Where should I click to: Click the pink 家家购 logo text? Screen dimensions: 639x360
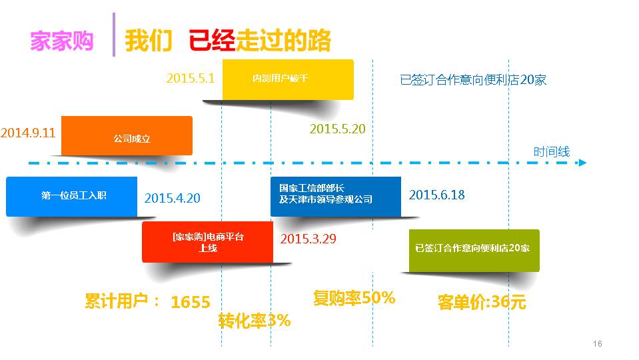tap(62, 41)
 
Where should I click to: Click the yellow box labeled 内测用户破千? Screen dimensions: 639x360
tap(288, 79)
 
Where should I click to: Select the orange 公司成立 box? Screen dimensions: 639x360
tap(127, 136)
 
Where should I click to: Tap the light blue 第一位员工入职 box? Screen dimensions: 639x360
tap(72, 197)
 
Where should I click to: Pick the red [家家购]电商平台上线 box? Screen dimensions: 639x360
tap(207, 242)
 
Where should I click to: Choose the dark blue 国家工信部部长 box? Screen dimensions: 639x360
tap(336, 197)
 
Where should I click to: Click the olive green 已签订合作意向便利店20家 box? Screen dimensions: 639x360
tap(474, 250)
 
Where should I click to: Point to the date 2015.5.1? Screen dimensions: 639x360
tap(191, 78)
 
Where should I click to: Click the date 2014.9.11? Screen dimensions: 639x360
tap(28, 133)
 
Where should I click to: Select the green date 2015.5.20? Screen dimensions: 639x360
tap(337, 129)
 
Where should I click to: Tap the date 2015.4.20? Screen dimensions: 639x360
tap(173, 198)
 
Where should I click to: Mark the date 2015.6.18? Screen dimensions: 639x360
tap(437, 195)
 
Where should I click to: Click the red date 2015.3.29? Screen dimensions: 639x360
tap(308, 239)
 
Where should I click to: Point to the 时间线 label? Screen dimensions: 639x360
tap(552, 152)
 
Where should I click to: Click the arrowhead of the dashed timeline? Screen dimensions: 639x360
tap(583, 163)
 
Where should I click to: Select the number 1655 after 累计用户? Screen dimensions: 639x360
tap(191, 302)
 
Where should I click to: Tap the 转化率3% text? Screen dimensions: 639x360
tap(255, 321)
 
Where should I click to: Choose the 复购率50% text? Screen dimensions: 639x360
tap(354, 297)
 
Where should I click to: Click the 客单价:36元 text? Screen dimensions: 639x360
tap(482, 302)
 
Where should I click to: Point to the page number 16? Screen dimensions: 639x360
tap(598, 344)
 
